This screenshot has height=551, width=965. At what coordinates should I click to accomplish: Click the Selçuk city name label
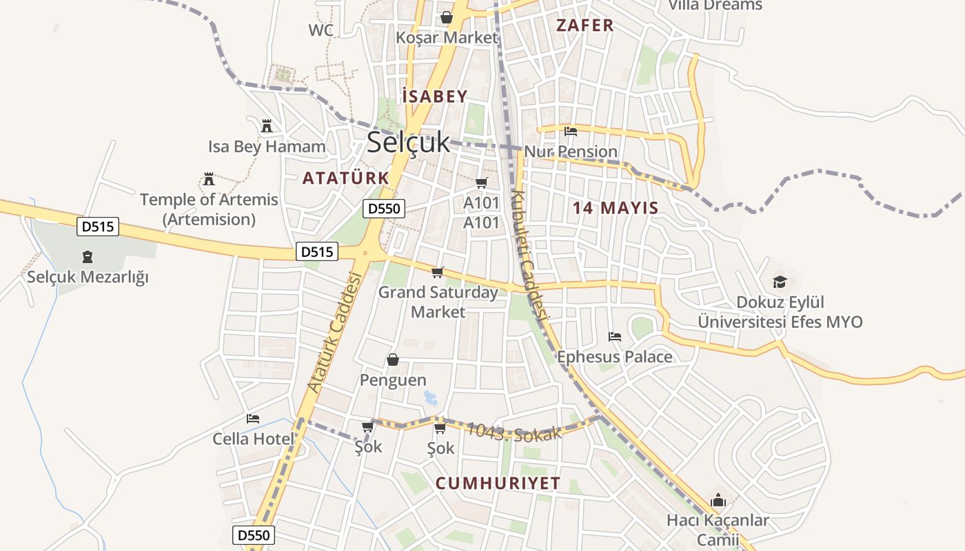pyautogui.click(x=408, y=143)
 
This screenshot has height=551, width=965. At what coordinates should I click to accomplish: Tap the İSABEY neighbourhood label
pyautogui.click(x=435, y=96)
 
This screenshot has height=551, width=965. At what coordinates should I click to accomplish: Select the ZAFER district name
pyautogui.click(x=585, y=25)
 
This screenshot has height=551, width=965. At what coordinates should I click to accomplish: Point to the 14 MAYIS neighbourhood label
pyautogui.click(x=616, y=207)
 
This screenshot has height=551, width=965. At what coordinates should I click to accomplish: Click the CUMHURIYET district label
pyautogui.click(x=498, y=484)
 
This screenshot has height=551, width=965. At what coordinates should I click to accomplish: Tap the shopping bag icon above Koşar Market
pyautogui.click(x=447, y=17)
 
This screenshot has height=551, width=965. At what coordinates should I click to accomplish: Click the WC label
pyautogui.click(x=321, y=30)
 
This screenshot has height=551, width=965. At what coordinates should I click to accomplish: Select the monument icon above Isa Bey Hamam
pyautogui.click(x=267, y=126)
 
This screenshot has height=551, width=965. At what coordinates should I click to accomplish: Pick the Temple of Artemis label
pyautogui.click(x=209, y=209)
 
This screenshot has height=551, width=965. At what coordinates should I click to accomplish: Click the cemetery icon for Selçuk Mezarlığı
pyautogui.click(x=88, y=258)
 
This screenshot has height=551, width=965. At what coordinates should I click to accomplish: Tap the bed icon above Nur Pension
pyautogui.click(x=570, y=132)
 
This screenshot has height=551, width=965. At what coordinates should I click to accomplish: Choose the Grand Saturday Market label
pyautogui.click(x=438, y=302)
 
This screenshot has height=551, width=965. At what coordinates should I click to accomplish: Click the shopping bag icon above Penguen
pyautogui.click(x=392, y=360)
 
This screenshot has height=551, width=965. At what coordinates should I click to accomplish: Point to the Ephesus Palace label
pyautogui.click(x=614, y=357)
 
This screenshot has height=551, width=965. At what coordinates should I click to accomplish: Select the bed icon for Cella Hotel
pyautogui.click(x=253, y=419)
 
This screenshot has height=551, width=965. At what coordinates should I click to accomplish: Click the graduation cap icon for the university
pyautogui.click(x=780, y=282)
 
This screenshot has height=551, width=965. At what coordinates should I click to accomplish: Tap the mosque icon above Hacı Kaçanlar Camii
pyautogui.click(x=718, y=500)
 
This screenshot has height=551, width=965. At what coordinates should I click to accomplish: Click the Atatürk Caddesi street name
pyautogui.click(x=335, y=332)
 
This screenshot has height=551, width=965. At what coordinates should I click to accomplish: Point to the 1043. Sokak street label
pyautogui.click(x=514, y=432)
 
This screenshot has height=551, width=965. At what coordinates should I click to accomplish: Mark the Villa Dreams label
pyautogui.click(x=715, y=6)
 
